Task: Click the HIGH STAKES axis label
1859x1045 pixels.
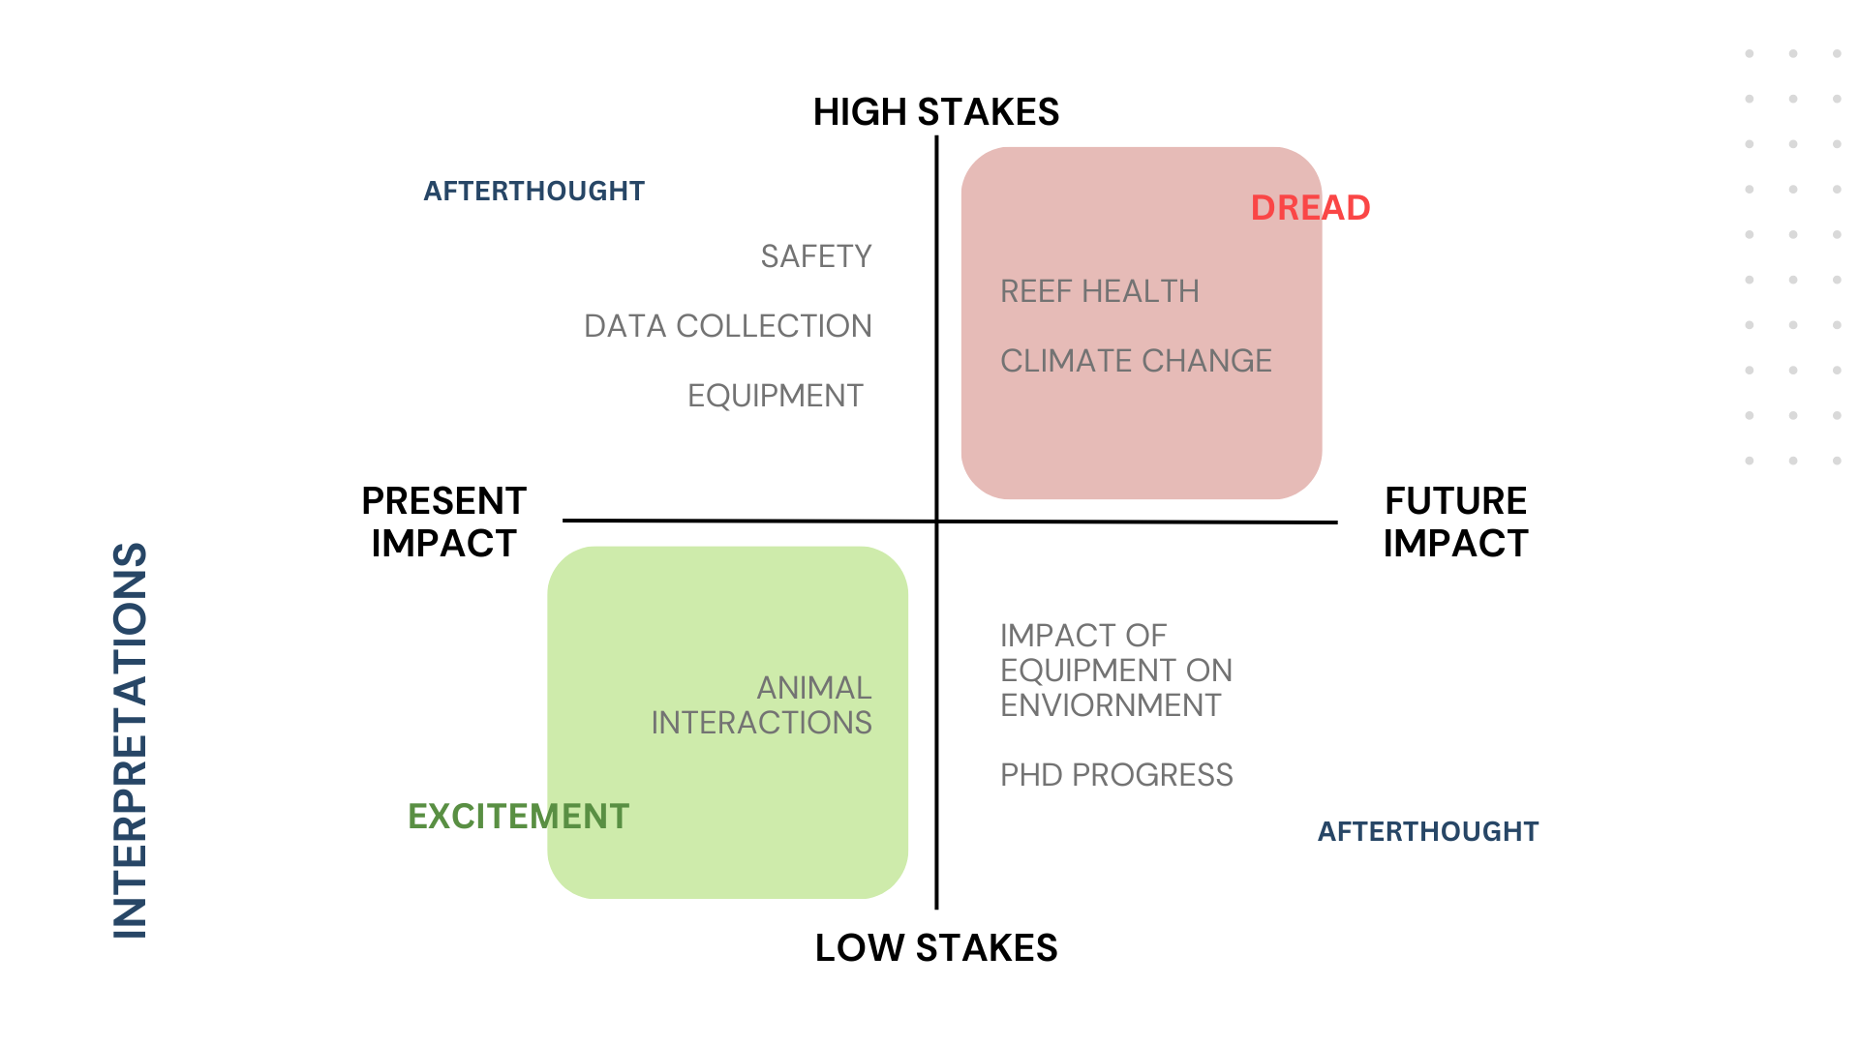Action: (x=935, y=112)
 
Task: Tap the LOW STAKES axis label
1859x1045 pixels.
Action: (x=935, y=948)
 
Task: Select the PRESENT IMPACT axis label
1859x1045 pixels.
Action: (x=443, y=522)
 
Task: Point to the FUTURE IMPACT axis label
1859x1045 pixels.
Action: (x=1455, y=522)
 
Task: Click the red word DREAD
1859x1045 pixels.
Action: (x=1310, y=208)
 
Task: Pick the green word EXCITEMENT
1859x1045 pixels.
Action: (x=518, y=817)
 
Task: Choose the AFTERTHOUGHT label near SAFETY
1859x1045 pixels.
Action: (x=533, y=192)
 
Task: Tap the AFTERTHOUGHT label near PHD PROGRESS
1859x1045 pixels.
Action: (x=1427, y=832)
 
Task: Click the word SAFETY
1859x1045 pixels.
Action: (x=815, y=256)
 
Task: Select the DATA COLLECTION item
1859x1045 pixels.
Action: (x=727, y=326)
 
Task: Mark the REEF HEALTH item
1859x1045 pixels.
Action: (x=1099, y=291)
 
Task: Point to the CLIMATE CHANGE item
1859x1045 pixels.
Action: (x=1136, y=361)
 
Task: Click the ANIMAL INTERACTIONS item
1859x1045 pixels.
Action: (x=761, y=705)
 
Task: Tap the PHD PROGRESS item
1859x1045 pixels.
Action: (x=1116, y=775)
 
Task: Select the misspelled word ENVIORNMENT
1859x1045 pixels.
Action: (x=1111, y=705)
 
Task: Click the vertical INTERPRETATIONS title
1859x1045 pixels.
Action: (x=130, y=740)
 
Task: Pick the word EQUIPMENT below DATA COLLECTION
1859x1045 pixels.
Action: (x=775, y=396)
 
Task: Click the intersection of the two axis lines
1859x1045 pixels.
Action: (x=936, y=522)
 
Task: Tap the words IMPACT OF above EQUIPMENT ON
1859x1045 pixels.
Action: (x=1082, y=636)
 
